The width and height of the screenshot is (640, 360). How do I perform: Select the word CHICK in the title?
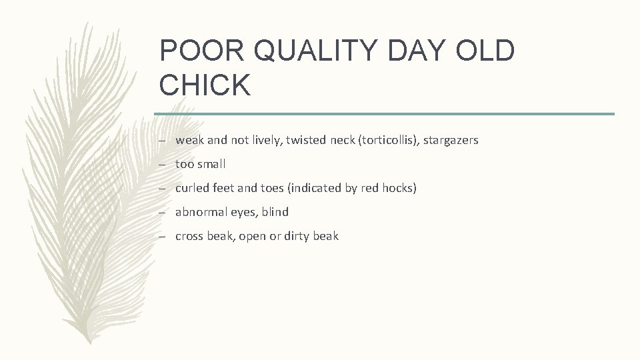pyautogui.click(x=205, y=85)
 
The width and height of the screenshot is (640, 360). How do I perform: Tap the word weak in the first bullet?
pyautogui.click(x=189, y=141)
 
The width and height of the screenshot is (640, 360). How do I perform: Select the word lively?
pyautogui.click(x=266, y=141)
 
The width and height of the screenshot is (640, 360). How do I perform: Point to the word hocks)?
pyautogui.click(x=399, y=189)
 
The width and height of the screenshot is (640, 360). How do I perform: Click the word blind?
pyautogui.click(x=275, y=213)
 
